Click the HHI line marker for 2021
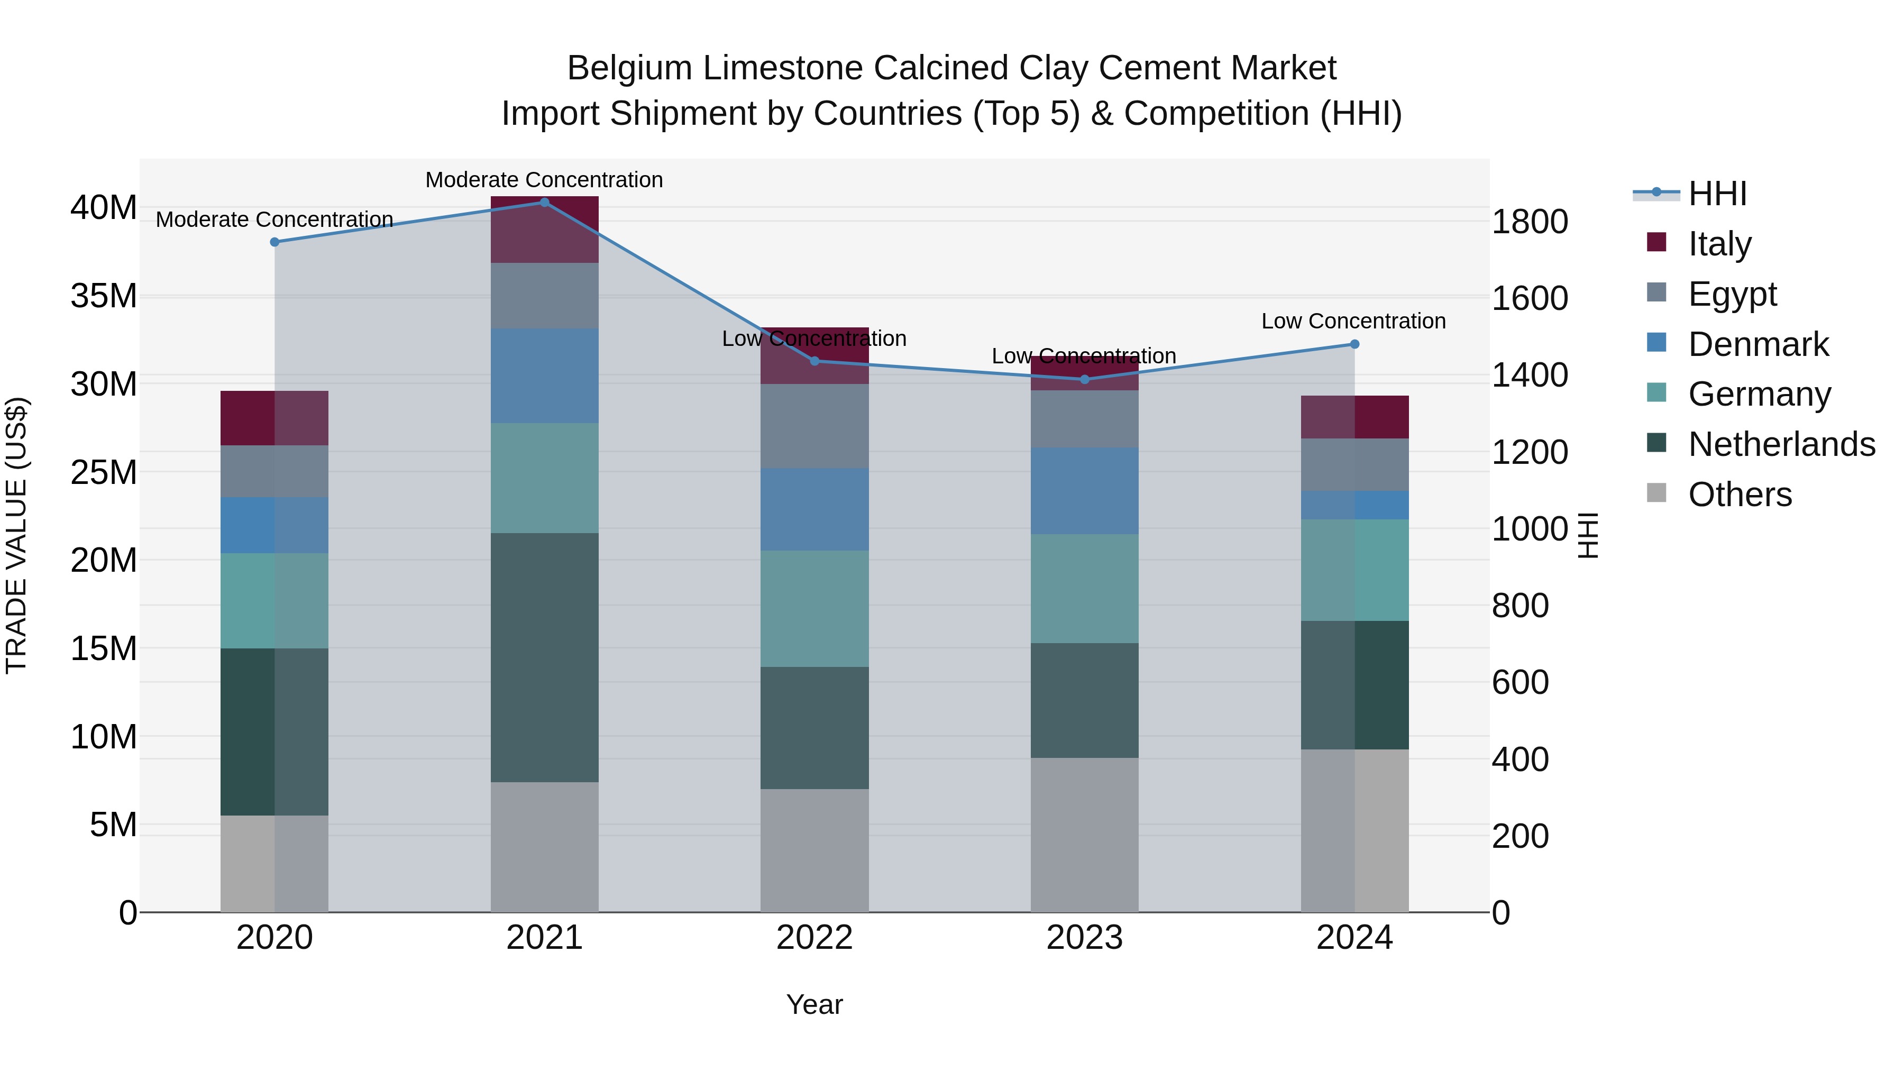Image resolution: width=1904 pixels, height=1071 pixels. click(x=544, y=202)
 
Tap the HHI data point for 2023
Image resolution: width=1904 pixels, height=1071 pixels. click(x=1084, y=379)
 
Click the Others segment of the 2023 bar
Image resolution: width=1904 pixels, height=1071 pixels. click(x=1084, y=835)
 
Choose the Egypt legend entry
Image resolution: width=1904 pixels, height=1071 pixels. click(x=1732, y=294)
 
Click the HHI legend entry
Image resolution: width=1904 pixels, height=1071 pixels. click(x=1716, y=194)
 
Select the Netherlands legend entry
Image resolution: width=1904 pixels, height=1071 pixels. click(x=1781, y=444)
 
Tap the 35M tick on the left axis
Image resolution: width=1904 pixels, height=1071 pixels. click(x=104, y=296)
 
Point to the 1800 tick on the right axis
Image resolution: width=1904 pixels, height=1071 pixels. click(x=1529, y=222)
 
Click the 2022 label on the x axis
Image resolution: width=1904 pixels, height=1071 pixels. click(x=814, y=938)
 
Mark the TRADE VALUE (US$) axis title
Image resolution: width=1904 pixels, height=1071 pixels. click(x=16, y=535)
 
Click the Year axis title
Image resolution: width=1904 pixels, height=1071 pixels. click(x=814, y=1004)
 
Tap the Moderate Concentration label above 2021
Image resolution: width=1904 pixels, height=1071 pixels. click(x=544, y=180)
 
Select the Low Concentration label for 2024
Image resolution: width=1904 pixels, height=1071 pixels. click(x=1353, y=321)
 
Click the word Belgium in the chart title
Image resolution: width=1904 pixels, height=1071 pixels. click(x=629, y=68)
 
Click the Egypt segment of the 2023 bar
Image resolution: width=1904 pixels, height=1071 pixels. click(x=1084, y=418)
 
